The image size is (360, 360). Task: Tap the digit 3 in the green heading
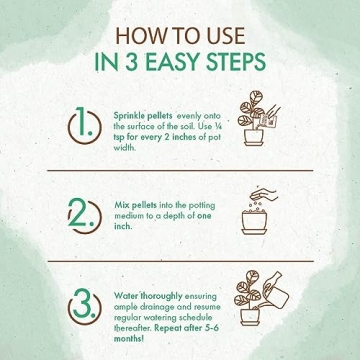pyautogui.click(x=133, y=61)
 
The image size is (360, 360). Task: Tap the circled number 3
pyautogui.click(x=84, y=306)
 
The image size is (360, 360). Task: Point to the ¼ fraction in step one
pyautogui.click(x=218, y=126)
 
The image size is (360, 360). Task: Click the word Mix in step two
pyautogui.click(x=122, y=205)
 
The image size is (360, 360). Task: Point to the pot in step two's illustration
pyautogui.click(x=254, y=223)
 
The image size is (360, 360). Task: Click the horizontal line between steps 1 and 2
pyautogui.click(x=180, y=171)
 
